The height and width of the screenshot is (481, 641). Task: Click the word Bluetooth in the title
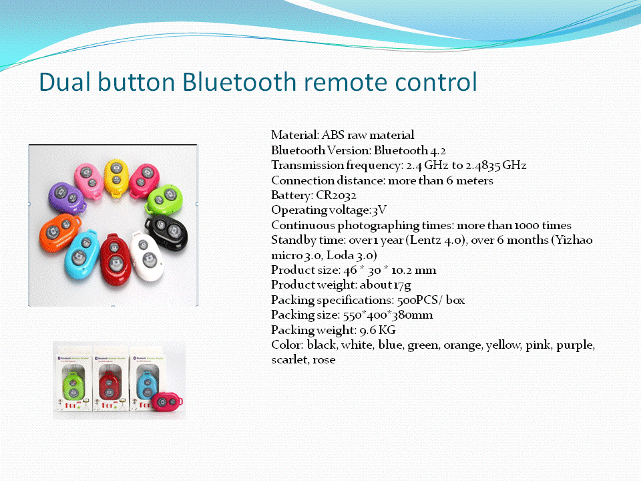pos(239,82)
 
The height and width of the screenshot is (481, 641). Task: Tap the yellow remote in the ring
pos(116,178)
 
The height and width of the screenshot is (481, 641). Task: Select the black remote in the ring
pos(167,232)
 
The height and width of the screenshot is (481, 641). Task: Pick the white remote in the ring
pos(146,257)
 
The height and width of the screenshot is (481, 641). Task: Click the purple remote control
pos(67,198)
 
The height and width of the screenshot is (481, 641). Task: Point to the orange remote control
pos(59,232)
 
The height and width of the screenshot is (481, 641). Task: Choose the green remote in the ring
pos(164,199)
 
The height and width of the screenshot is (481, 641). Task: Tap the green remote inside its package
pos(73,385)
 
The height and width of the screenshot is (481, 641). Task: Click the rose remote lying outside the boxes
pos(167,402)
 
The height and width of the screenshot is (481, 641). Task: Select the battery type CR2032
pos(336,196)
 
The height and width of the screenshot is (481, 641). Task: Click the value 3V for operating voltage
pos(379,210)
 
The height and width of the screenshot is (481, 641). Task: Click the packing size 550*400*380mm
pos(388,315)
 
